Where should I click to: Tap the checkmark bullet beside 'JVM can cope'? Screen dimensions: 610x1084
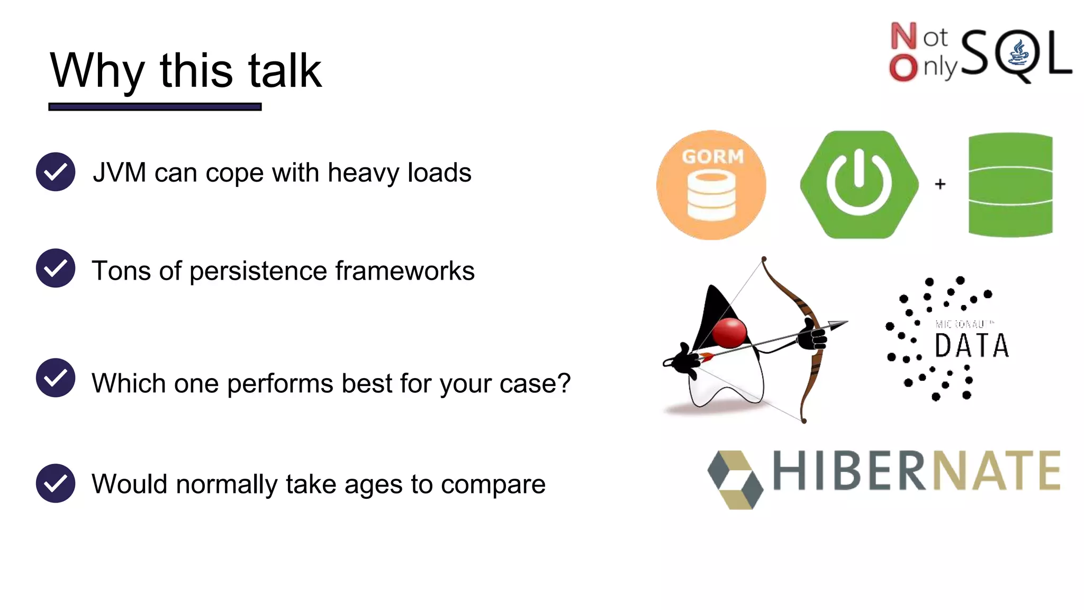pos(56,172)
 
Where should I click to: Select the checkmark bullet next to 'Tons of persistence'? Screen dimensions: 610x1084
pos(56,268)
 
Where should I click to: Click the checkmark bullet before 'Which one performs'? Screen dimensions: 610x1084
pos(56,378)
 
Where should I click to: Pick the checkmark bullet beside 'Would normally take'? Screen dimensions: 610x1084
pos(56,483)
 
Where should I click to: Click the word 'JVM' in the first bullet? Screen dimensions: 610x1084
pos(119,173)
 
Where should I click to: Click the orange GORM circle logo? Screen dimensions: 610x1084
pos(711,185)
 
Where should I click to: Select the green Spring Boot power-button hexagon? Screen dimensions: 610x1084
pos(859,184)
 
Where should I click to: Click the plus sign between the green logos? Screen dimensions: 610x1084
pos(940,184)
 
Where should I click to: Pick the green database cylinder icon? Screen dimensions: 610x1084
pos(1010,184)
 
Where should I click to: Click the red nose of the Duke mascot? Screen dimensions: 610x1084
pos(729,333)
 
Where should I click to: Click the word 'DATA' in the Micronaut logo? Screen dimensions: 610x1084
pos(972,346)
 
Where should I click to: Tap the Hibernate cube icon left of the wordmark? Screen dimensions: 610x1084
pos(735,479)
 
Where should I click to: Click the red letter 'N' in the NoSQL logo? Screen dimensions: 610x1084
pos(903,36)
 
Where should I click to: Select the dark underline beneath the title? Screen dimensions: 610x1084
pos(155,107)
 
